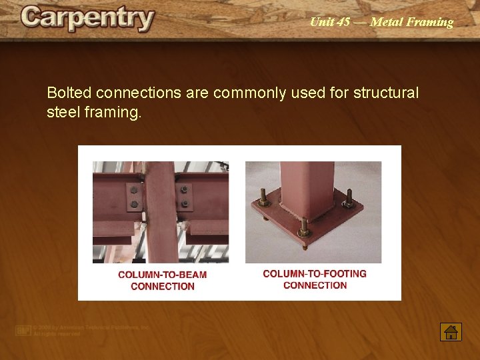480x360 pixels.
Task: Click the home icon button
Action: click(x=451, y=331)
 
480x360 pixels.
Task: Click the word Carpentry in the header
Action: click(x=87, y=18)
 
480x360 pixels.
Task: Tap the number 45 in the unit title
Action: click(x=343, y=22)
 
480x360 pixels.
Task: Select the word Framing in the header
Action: click(x=431, y=22)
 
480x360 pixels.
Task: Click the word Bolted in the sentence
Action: click(x=69, y=93)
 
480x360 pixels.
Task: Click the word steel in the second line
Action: click(x=63, y=112)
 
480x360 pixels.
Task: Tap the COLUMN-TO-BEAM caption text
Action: click(x=162, y=275)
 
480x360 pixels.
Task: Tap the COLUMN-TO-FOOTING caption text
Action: click(x=315, y=273)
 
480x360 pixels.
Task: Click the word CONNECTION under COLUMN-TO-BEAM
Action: click(x=163, y=287)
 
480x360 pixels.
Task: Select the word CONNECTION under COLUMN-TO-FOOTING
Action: click(x=315, y=285)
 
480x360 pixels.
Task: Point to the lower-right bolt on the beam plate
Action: click(x=185, y=204)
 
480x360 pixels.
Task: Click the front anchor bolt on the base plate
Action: click(x=305, y=227)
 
